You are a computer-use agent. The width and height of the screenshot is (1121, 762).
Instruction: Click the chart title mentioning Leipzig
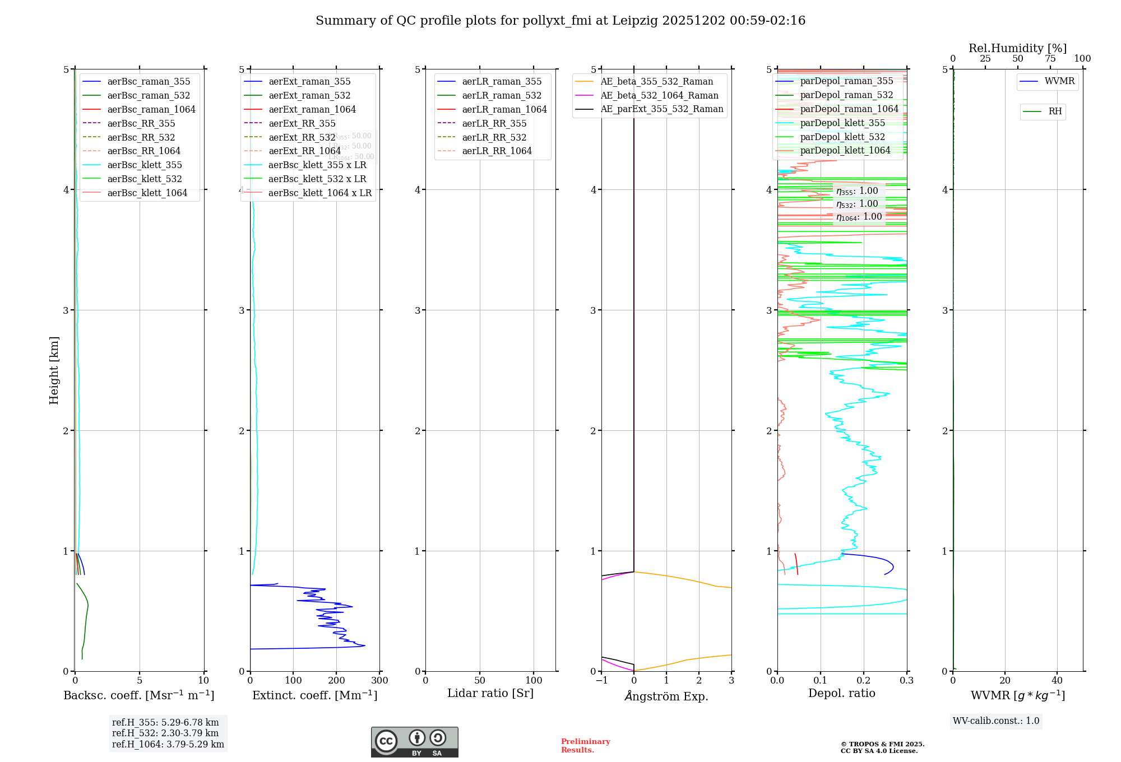(560, 21)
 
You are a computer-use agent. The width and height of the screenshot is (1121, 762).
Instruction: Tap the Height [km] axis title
(54, 370)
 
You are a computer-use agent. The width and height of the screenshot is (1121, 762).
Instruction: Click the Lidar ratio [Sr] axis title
(490, 694)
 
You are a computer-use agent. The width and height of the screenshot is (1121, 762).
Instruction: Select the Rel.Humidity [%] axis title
(1017, 48)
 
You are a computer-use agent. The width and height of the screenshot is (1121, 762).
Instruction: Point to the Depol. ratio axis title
(841, 694)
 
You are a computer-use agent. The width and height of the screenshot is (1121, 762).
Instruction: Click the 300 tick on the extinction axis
(379, 681)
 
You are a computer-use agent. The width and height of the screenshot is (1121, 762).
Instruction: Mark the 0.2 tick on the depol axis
(864, 681)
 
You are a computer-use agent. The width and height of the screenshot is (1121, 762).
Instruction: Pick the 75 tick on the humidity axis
(1050, 59)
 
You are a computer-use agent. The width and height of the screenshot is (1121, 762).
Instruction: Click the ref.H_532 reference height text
(165, 733)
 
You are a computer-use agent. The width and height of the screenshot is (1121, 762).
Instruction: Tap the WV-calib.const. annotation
(996, 721)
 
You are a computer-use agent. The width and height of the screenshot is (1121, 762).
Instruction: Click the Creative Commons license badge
(414, 742)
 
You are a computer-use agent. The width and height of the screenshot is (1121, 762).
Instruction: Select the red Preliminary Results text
(585, 746)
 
